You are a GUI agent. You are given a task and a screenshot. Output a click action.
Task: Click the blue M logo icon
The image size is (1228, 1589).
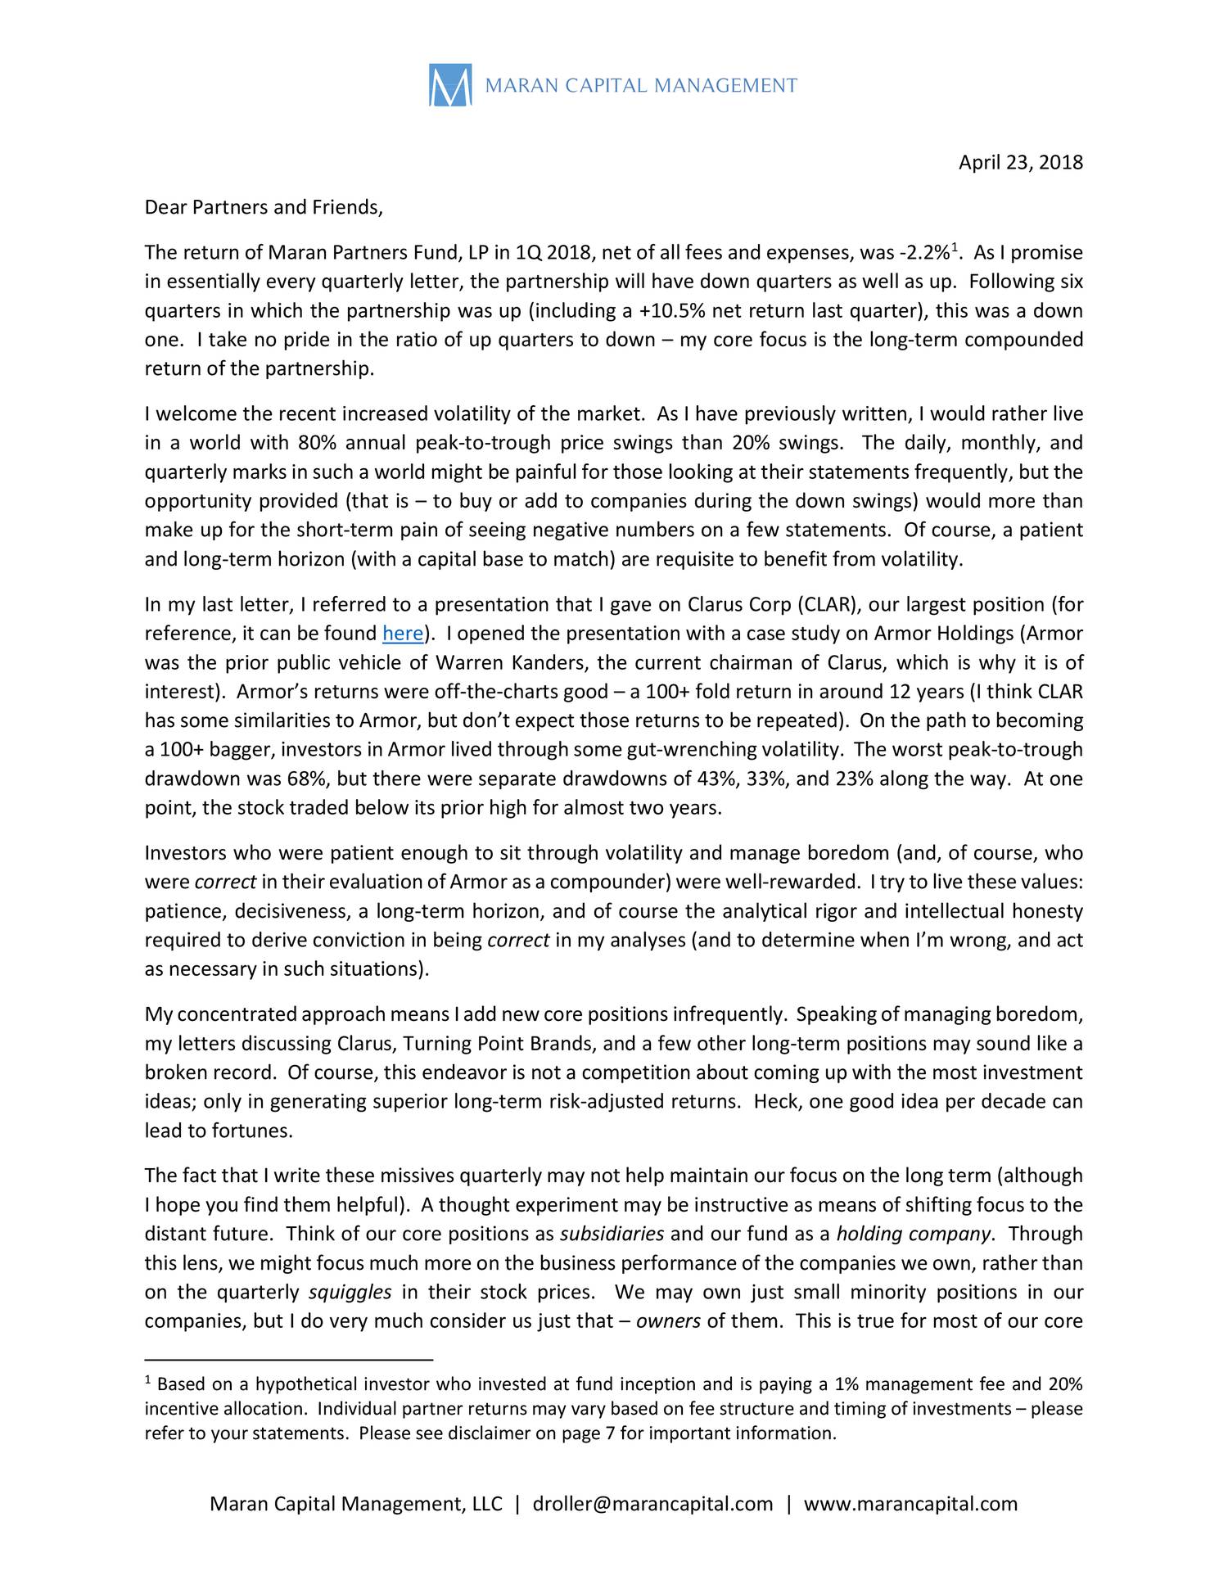[450, 86]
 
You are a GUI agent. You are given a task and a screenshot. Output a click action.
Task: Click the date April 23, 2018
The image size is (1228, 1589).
[1020, 163]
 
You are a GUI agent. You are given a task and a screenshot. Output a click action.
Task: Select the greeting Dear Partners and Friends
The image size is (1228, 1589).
[263, 207]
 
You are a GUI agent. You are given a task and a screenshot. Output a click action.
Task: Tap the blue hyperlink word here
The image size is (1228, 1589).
[403, 634]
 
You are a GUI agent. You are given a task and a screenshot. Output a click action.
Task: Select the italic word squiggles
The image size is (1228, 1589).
[350, 1292]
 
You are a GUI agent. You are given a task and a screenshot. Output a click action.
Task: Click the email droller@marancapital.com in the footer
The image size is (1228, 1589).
[652, 1504]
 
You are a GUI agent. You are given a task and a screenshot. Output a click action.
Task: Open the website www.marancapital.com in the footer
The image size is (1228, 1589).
[910, 1504]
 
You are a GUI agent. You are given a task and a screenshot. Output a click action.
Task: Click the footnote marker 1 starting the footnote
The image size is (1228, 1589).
[147, 1382]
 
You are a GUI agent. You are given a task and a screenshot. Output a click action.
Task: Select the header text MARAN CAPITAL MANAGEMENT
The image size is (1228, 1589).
[641, 86]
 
